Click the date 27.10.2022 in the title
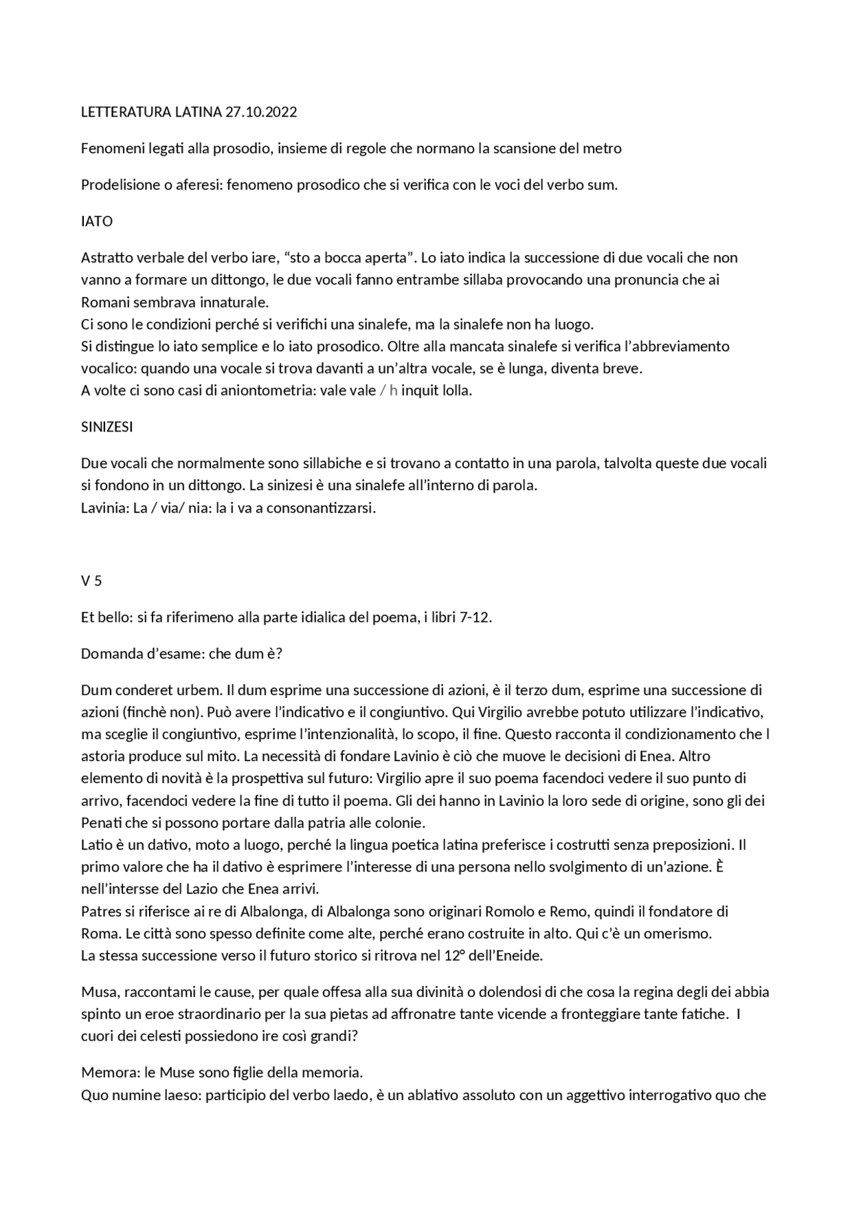coord(261,112)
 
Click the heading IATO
coord(97,221)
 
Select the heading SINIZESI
coord(106,427)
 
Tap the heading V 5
coord(91,581)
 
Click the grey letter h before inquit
coord(393,390)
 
